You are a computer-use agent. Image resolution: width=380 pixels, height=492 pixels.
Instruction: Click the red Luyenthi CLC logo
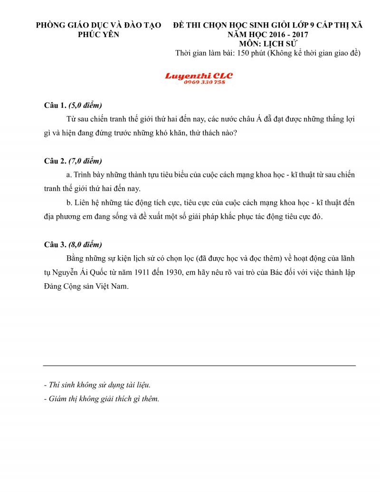[199, 76]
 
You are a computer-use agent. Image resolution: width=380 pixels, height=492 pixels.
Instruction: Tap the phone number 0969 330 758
[204, 82]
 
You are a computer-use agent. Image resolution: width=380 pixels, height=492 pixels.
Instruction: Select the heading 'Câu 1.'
[55, 105]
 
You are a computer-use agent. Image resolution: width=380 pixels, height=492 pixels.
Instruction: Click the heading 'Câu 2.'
[55, 161]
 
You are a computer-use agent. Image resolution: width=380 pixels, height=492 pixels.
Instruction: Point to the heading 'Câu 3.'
[55, 245]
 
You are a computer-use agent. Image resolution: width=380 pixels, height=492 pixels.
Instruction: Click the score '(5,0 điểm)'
[85, 105]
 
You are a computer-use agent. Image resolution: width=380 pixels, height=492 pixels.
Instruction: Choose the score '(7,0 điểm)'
[85, 161]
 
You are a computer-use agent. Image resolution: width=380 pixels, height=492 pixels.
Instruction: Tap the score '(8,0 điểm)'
[85, 245]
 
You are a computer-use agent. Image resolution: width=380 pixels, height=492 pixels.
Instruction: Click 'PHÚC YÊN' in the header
[99, 34]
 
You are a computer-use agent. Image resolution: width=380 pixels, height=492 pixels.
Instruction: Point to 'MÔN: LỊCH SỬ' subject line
[268, 43]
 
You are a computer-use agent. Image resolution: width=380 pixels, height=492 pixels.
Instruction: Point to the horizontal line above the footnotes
[199, 366]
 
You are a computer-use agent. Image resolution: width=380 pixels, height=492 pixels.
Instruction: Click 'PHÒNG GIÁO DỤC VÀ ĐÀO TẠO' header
[99, 25]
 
